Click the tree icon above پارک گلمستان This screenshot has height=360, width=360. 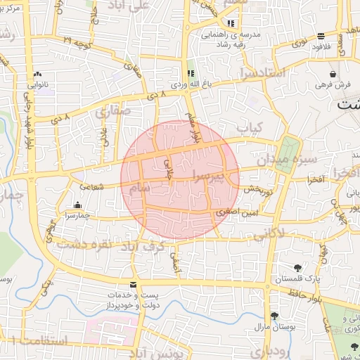pos(299,267)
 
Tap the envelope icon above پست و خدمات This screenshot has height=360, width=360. pos(134,284)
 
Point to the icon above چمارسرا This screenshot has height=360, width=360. pos(77,205)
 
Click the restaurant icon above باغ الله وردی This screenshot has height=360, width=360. pos(190,73)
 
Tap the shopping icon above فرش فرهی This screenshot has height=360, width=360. pos(332,73)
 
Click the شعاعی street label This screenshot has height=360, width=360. pos(91,186)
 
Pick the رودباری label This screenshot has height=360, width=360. pos(269,351)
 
